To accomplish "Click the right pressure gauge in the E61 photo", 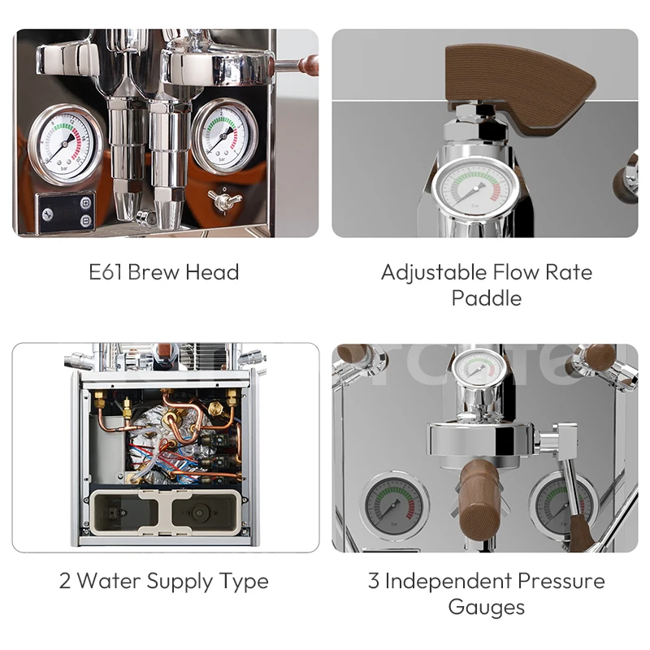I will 225,134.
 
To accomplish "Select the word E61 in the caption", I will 106,272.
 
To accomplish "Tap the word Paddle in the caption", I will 486,298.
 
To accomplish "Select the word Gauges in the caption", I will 486,607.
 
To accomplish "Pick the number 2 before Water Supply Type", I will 65,582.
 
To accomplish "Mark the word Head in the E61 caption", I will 212,272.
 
